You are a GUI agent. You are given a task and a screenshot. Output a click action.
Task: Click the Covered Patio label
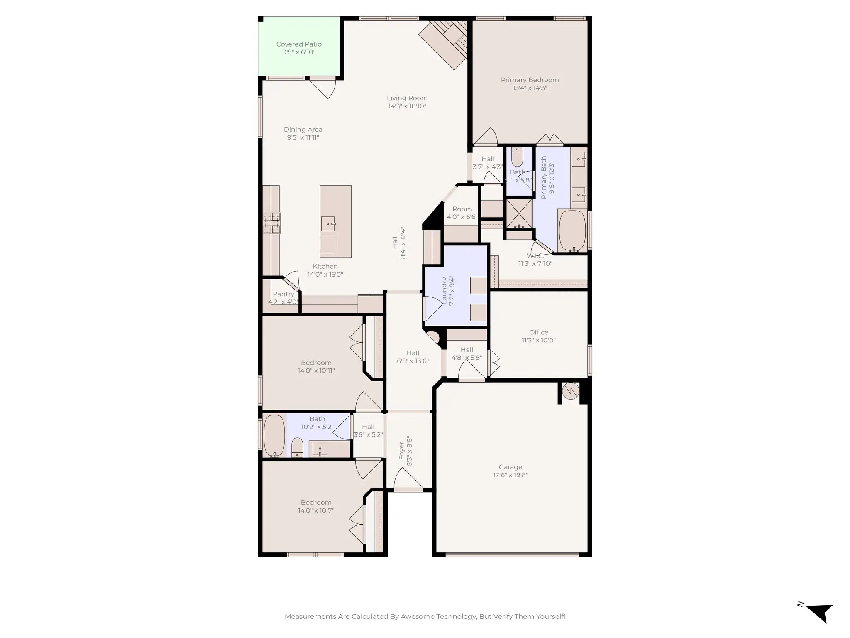299,44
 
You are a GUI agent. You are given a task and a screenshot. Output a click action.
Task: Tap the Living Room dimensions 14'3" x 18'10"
407,106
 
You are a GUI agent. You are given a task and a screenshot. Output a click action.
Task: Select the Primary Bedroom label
530,80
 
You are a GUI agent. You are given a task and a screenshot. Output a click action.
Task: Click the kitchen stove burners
272,223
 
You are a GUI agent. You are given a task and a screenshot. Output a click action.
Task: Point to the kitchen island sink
328,224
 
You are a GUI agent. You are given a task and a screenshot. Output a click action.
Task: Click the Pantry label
283,294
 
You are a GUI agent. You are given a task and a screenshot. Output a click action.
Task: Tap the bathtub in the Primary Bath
573,230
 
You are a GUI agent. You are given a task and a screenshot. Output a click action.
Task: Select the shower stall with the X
519,213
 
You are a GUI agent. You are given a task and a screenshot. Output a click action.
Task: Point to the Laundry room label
445,291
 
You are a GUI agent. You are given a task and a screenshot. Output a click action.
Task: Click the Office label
539,332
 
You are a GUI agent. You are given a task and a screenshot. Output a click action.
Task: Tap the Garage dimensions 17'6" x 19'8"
510,475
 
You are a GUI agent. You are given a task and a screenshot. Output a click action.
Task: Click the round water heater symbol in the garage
571,391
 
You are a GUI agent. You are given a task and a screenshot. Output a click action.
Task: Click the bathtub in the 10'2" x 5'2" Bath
274,435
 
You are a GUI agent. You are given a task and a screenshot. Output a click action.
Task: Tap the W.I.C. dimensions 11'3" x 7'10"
535,264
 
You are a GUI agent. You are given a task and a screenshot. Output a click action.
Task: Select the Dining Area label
303,130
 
